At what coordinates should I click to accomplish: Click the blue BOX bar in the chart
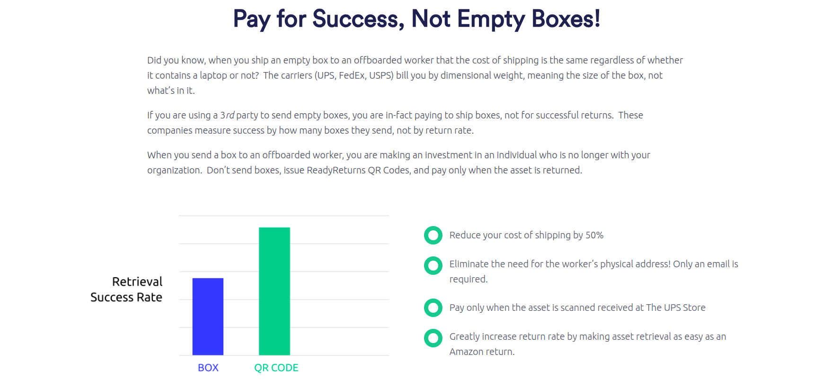pyautogui.click(x=208, y=316)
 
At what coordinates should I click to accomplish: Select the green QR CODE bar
pyautogui.click(x=274, y=291)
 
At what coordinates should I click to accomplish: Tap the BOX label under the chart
pyautogui.click(x=208, y=368)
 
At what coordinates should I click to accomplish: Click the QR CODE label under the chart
pyautogui.click(x=276, y=368)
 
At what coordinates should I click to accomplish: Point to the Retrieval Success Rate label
pyautogui.click(x=126, y=290)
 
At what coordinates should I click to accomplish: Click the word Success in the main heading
pyautogui.click(x=358, y=19)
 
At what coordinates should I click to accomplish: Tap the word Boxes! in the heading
pyautogui.click(x=566, y=19)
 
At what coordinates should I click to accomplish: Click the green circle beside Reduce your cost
pyautogui.click(x=433, y=235)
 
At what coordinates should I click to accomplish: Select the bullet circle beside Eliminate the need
pyautogui.click(x=433, y=265)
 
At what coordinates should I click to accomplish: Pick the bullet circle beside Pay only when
pyautogui.click(x=433, y=308)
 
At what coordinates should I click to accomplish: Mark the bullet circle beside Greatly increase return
pyautogui.click(x=433, y=338)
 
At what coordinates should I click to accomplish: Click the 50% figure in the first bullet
pyautogui.click(x=594, y=235)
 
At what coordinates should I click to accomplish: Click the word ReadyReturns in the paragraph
pyautogui.click(x=336, y=170)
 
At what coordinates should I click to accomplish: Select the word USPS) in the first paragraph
pyautogui.click(x=381, y=75)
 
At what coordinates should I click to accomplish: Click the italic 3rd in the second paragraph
pyautogui.click(x=227, y=115)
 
